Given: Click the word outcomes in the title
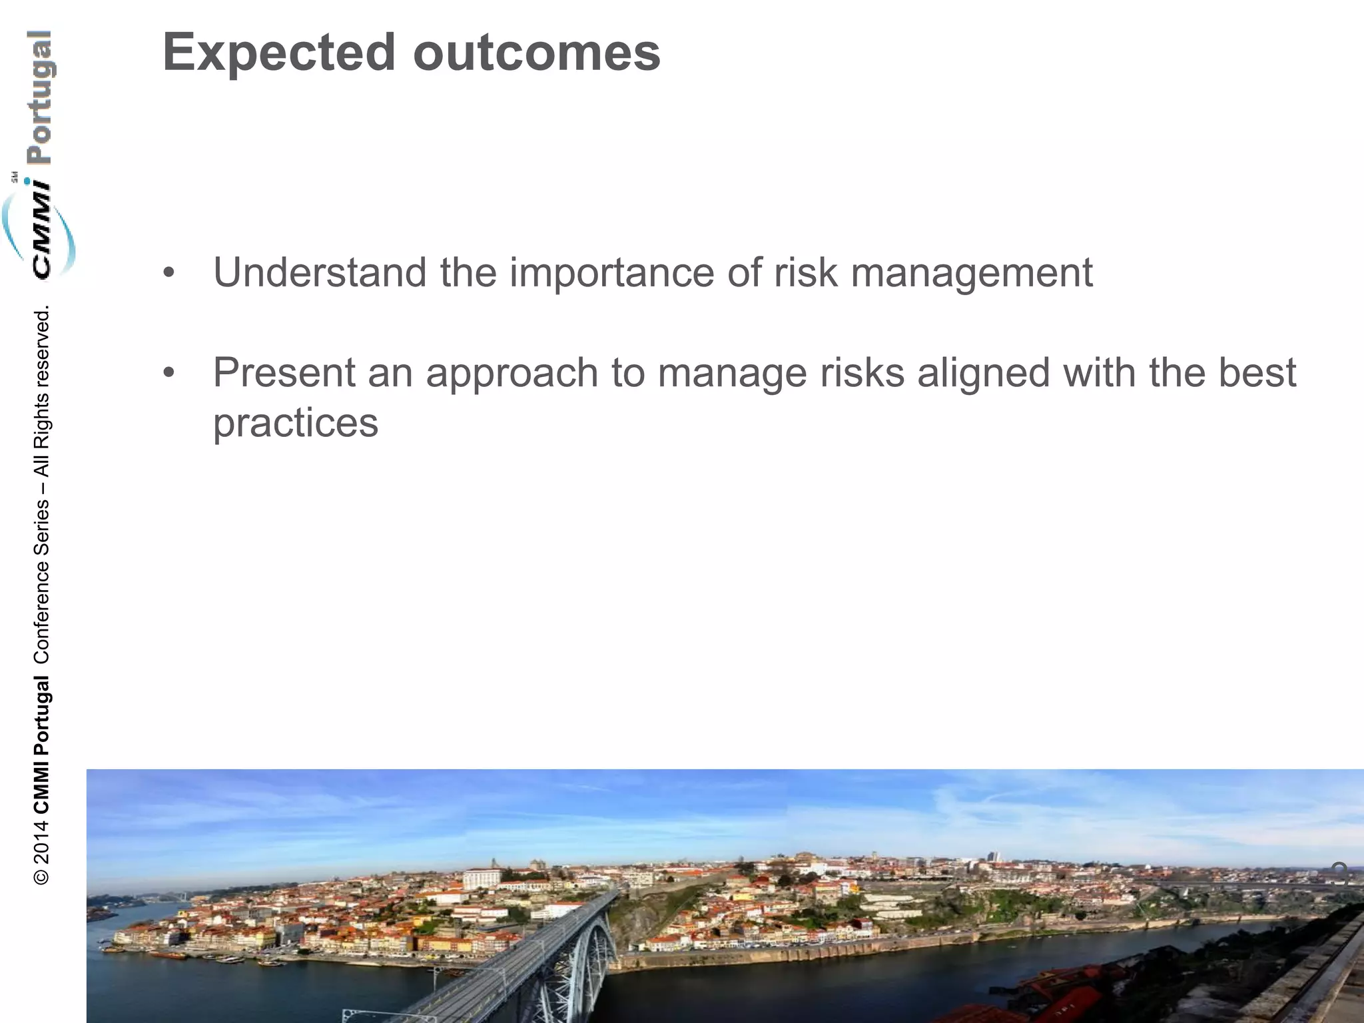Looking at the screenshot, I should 537,53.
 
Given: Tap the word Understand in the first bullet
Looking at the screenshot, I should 320,273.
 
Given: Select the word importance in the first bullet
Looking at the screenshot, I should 612,273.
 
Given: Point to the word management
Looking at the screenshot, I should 972,273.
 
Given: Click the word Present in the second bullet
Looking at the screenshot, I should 284,373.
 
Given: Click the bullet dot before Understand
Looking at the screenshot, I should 169,274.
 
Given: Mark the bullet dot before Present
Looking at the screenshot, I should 169,374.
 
